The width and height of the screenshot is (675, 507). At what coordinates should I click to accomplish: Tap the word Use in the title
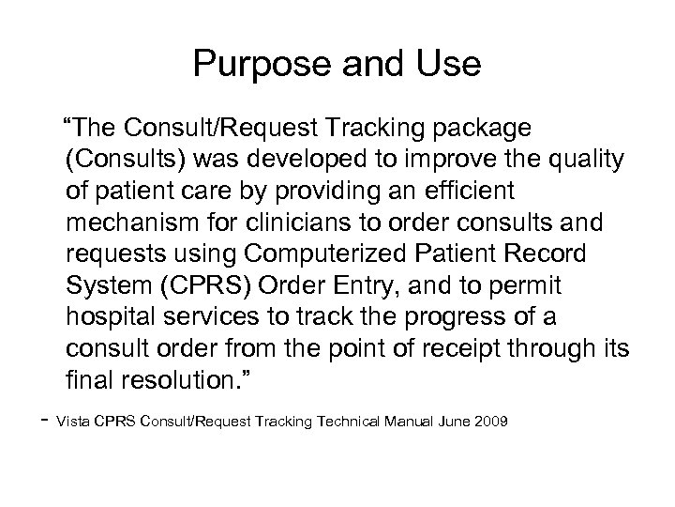click(x=449, y=65)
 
